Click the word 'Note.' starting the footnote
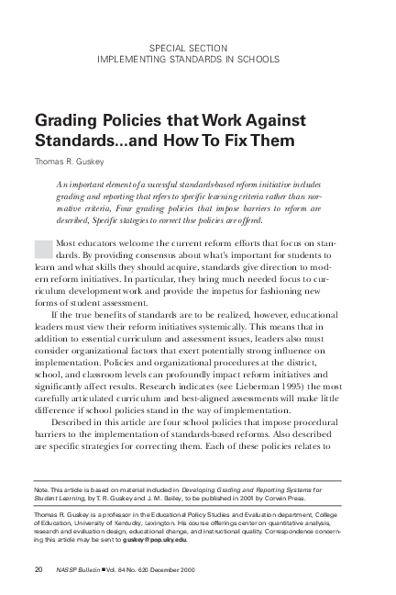click(x=42, y=491)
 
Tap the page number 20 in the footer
click(x=38, y=570)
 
